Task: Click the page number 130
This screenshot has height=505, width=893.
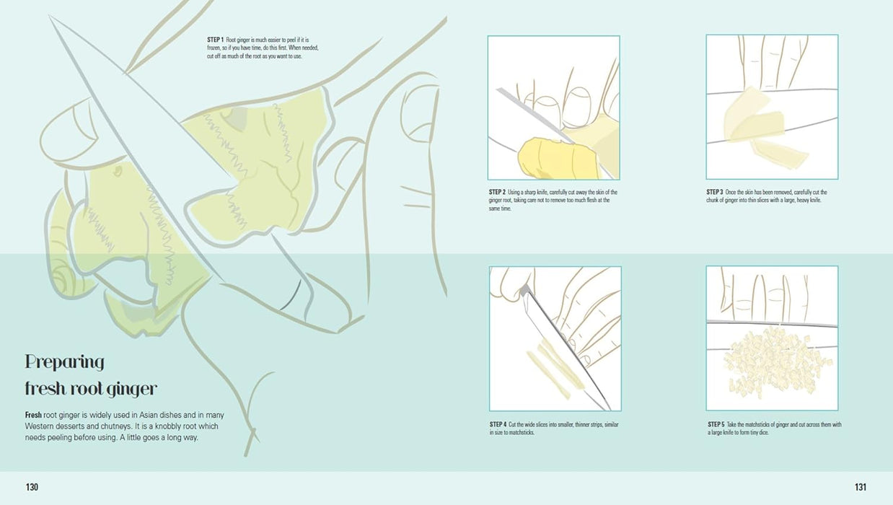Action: (x=32, y=487)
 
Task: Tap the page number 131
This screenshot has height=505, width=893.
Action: (x=861, y=487)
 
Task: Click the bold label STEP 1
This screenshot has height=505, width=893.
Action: (x=215, y=40)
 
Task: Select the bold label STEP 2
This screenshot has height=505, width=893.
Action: (x=497, y=192)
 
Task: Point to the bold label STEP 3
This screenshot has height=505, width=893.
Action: (x=715, y=192)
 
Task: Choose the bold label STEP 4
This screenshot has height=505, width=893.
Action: (x=498, y=424)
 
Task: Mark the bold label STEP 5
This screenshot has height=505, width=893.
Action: (x=716, y=424)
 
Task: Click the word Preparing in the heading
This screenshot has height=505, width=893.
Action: (x=65, y=363)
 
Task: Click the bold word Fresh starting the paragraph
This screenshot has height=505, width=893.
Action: (x=33, y=415)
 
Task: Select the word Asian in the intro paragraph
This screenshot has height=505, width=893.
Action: (x=149, y=415)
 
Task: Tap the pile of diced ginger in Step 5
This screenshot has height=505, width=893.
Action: (x=773, y=363)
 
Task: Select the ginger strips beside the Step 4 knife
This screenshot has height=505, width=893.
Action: (x=554, y=369)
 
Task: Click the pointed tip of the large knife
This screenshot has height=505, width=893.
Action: (x=49, y=16)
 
